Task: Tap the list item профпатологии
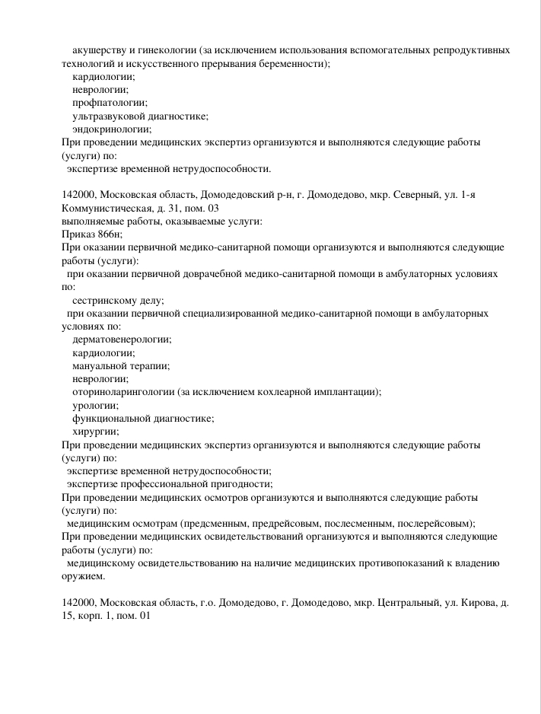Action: pyautogui.click(x=110, y=103)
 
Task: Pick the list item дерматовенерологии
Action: pyautogui.click(x=122, y=339)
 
